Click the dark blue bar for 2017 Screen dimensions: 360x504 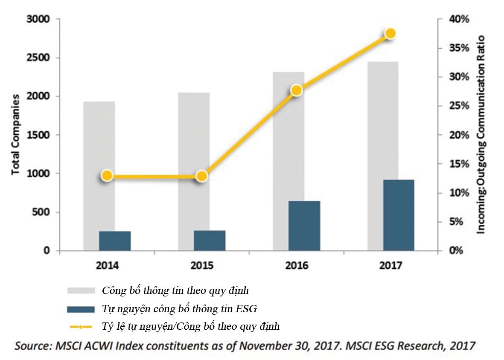pyautogui.click(x=399, y=215)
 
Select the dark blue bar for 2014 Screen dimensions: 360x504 pyautogui.click(x=115, y=241)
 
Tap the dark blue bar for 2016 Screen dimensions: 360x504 pyautogui.click(x=304, y=226)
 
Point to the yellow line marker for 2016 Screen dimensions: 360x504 pyautogui.click(x=297, y=90)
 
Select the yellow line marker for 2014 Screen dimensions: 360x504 pyautogui.click(x=107, y=176)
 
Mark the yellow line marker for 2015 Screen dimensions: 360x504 pyautogui.click(x=201, y=176)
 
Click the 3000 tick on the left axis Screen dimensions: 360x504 pyautogui.click(x=38, y=20)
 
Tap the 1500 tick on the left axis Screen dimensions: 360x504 pyautogui.click(x=38, y=135)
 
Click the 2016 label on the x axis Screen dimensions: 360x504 pyautogui.click(x=297, y=266)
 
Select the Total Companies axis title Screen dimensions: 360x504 pyautogui.click(x=16, y=134)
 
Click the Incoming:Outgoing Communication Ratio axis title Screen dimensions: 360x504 pyautogui.click(x=481, y=134)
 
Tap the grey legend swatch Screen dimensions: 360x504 pyautogui.click(x=81, y=290)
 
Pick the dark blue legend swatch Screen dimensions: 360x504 pyautogui.click(x=81, y=309)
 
